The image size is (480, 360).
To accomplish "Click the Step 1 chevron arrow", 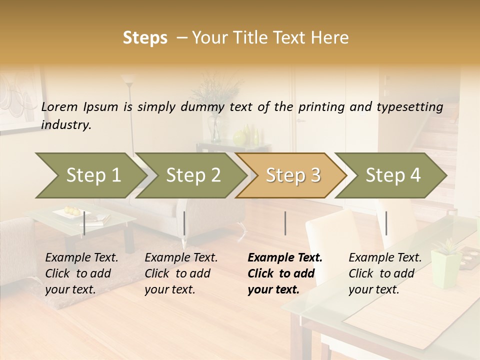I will point(90,175).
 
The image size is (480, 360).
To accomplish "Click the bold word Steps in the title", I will point(145,38).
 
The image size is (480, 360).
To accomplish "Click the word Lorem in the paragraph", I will point(59,106).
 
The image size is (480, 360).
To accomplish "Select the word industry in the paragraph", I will point(65,125).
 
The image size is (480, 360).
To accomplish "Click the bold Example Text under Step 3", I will point(285,258).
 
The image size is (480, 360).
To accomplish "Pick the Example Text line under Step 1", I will point(81,258).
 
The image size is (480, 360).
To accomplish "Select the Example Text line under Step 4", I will point(385,258).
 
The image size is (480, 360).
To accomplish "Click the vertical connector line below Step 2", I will point(184,223).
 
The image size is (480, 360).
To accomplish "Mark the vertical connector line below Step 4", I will point(386,223).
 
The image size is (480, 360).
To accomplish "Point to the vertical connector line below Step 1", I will point(84,223).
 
